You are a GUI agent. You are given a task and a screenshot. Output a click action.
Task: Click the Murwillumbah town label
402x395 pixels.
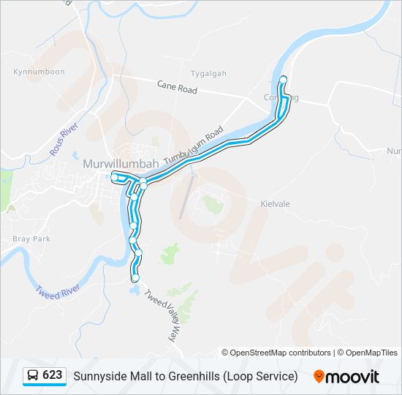pyautogui.click(x=121, y=163)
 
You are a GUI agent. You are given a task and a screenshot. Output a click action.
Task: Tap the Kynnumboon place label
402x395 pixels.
pyautogui.click(x=39, y=72)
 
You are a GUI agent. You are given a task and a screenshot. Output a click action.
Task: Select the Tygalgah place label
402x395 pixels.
pyautogui.click(x=208, y=74)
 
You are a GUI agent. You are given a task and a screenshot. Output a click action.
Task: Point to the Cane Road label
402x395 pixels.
pyautogui.click(x=177, y=87)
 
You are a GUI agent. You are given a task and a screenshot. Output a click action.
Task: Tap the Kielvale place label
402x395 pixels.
pyautogui.click(x=276, y=204)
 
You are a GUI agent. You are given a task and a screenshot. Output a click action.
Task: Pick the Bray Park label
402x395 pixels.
pyautogui.click(x=31, y=239)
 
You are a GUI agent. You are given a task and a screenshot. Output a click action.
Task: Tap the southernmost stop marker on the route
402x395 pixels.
pyautogui.click(x=135, y=278)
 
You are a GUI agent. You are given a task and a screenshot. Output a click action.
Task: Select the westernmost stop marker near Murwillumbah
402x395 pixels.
pyautogui.click(x=115, y=177)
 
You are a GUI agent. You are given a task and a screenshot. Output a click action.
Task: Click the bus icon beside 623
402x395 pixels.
pyautogui.click(x=34, y=376)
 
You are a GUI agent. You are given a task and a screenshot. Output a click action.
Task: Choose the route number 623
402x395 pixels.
pyautogui.click(x=53, y=375)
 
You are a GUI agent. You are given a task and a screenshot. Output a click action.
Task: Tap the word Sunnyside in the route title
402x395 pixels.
pyautogui.click(x=98, y=376)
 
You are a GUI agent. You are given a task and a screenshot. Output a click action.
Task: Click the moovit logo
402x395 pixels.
pyautogui.click(x=346, y=376)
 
